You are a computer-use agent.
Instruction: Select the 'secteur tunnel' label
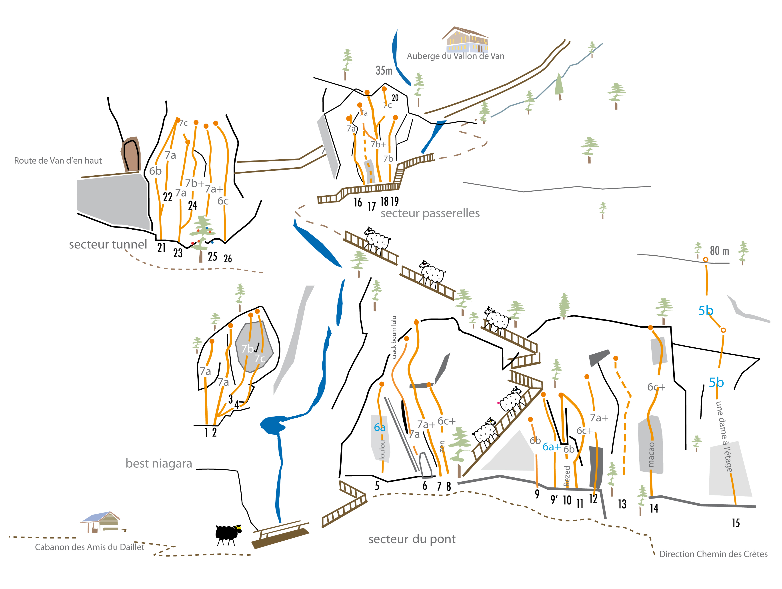(x=108, y=244)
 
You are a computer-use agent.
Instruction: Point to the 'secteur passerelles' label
(x=430, y=213)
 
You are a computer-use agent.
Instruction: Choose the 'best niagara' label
(x=159, y=463)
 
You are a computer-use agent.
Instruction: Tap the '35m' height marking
(x=384, y=71)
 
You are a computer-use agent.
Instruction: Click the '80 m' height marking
(x=719, y=251)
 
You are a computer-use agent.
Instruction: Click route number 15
(x=736, y=523)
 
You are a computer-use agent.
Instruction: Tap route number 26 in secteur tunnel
(x=228, y=259)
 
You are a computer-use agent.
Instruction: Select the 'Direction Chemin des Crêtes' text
(x=713, y=554)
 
